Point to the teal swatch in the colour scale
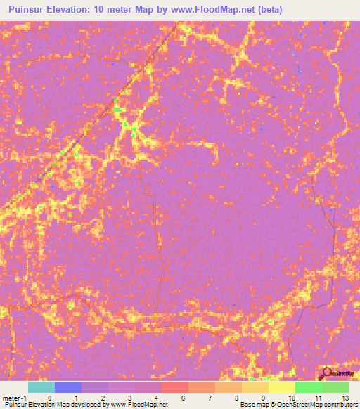[41, 387]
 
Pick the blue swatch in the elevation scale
[68, 387]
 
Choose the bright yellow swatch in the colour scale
[281, 387]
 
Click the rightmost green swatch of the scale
[335, 387]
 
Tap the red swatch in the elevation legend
[174, 387]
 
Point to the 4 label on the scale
[156, 397]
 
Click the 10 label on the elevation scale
[291, 397]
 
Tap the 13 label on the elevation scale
[344, 397]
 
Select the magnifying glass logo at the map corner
[327, 374]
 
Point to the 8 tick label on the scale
[237, 397]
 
